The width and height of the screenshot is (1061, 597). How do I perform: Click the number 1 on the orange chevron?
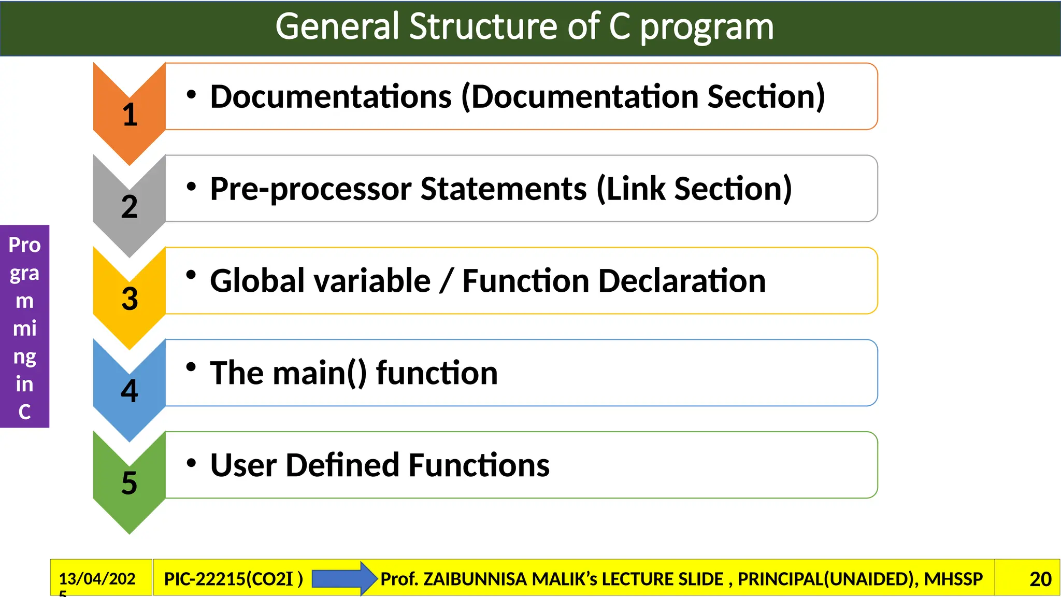point(130,115)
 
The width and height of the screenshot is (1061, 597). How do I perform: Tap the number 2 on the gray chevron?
point(130,207)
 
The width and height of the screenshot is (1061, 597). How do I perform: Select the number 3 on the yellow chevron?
point(130,299)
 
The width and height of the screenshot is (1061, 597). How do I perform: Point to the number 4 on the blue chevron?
point(130,391)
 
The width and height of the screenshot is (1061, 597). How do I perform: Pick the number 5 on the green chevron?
point(130,483)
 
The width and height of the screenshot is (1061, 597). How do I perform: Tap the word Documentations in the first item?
point(331,97)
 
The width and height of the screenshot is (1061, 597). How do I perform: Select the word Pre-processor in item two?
point(309,189)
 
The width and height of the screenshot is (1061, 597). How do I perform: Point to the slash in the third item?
point(446,281)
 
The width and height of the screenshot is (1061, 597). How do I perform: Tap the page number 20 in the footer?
point(1040,579)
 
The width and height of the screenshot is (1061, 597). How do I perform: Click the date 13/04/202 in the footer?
point(97,578)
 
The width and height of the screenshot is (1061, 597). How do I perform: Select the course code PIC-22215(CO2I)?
point(233,579)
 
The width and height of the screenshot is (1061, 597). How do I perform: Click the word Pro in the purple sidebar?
point(24,245)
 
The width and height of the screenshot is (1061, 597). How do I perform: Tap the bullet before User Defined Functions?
point(191,463)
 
